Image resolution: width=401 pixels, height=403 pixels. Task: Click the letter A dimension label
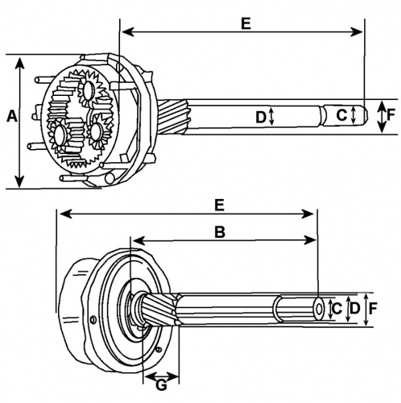pyautogui.click(x=12, y=117)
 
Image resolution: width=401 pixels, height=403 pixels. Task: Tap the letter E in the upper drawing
pyautogui.click(x=246, y=23)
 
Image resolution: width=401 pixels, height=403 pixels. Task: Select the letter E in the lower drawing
pyautogui.click(x=219, y=206)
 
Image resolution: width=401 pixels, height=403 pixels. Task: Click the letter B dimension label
pyautogui.click(x=220, y=232)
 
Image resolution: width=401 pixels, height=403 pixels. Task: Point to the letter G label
pyautogui.click(x=161, y=385)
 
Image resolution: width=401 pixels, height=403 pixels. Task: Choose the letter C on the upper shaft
pyautogui.click(x=341, y=115)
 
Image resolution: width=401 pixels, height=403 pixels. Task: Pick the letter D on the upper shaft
pyautogui.click(x=261, y=117)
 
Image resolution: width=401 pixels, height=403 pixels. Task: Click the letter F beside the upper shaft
pyautogui.click(x=391, y=114)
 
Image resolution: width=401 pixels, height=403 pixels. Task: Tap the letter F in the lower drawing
pyautogui.click(x=373, y=309)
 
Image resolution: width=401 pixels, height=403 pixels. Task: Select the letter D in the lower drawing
pyautogui.click(x=355, y=309)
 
